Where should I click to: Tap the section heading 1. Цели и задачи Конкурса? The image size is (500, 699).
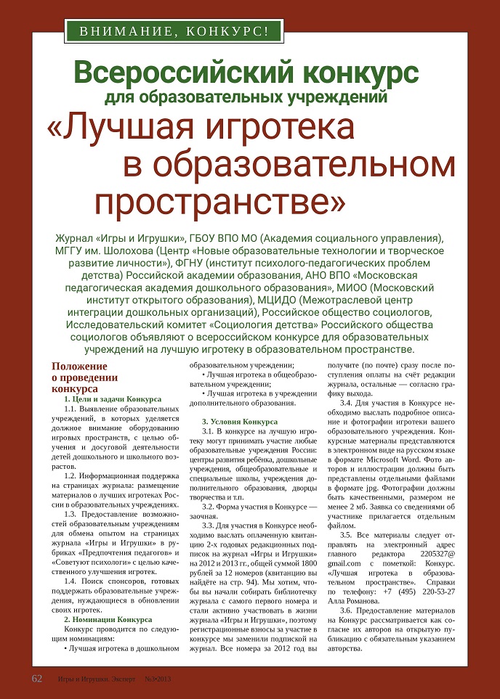(113, 399)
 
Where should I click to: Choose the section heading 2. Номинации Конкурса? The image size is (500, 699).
(108, 619)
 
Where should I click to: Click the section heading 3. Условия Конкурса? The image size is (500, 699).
(239, 422)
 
